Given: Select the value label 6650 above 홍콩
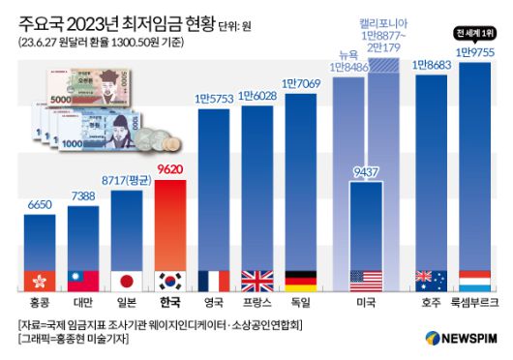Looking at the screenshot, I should (x=40, y=204).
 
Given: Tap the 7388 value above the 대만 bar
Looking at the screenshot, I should (x=84, y=195).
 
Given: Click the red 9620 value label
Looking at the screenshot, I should (x=176, y=168).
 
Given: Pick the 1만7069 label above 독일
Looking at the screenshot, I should (x=302, y=85).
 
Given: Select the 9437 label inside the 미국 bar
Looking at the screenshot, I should (x=368, y=173).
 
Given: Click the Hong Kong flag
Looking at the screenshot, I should (x=40, y=281).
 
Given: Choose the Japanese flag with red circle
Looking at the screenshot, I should (x=129, y=281).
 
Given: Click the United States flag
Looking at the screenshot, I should (x=368, y=281).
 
